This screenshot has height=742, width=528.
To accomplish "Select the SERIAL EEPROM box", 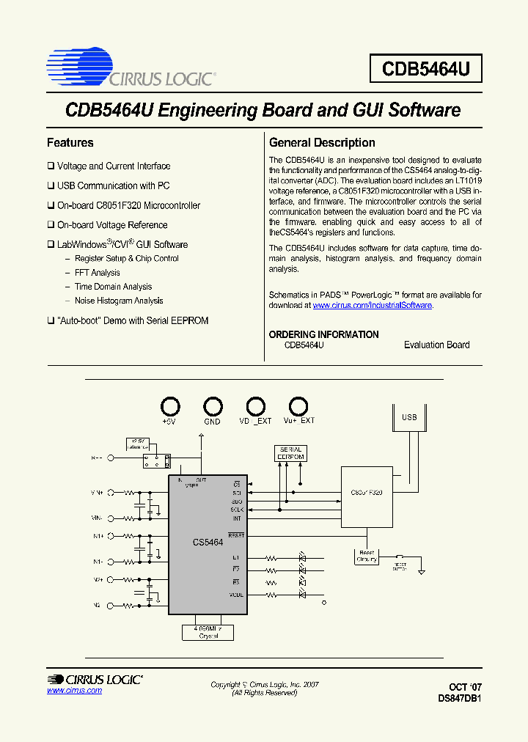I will point(290,453).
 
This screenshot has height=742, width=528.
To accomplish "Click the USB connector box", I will point(409,418).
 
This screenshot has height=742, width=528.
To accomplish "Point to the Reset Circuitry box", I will point(367,556).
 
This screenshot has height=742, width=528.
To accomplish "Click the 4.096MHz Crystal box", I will point(209,632).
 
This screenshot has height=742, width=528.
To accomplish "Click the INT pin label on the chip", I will point(237,518).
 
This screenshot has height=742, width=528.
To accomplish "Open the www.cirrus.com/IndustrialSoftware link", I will point(373,305).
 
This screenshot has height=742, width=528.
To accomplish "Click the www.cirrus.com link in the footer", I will point(74,691).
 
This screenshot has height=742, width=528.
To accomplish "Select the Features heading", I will point(70,143).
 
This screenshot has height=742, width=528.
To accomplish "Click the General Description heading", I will point(322,143).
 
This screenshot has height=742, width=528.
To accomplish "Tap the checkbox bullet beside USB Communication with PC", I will point(51,186).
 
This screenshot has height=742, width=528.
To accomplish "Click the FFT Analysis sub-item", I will point(98,273).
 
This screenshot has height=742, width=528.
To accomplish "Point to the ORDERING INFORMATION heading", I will point(323,334).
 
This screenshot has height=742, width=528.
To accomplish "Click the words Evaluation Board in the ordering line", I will point(436,345).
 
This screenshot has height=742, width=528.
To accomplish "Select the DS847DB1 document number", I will point(460,699).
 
